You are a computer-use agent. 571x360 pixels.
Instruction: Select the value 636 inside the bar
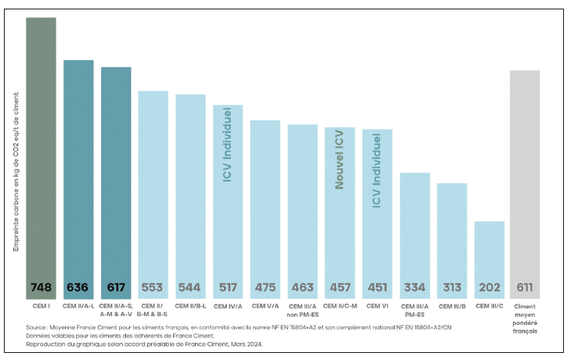point(78,287)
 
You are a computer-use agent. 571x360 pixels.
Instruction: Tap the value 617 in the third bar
point(116,287)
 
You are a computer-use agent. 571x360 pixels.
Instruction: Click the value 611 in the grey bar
point(525,287)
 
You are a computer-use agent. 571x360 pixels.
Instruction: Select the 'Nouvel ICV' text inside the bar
point(340,160)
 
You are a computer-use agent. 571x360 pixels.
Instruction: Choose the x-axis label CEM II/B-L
point(190,306)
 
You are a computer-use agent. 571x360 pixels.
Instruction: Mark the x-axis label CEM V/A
point(266,306)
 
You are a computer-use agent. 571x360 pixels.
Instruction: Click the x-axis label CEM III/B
point(452,306)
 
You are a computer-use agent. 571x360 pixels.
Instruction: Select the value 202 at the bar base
point(490,287)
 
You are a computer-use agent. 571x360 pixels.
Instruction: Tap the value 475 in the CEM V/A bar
point(266,287)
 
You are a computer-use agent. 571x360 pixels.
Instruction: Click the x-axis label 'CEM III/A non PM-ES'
point(302,310)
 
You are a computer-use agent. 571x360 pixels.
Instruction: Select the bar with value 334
point(415,227)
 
